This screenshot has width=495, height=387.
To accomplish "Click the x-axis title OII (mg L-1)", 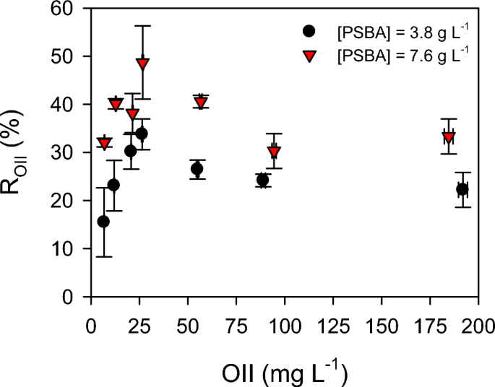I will pos(283,374).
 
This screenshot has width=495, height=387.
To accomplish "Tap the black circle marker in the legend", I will pos(310,32).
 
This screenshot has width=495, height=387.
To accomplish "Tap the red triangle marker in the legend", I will pos(310,55).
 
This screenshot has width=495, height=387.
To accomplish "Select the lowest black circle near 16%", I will pos(103,222).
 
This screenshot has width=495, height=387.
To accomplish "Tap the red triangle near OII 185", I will pos(449,137).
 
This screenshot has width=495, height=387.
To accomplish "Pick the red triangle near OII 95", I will pos(274,152).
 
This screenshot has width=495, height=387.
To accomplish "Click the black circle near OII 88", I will pos(262,180).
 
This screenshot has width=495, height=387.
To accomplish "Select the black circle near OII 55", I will pos(197,169).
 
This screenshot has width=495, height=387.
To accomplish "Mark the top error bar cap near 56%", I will pos(142,25).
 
